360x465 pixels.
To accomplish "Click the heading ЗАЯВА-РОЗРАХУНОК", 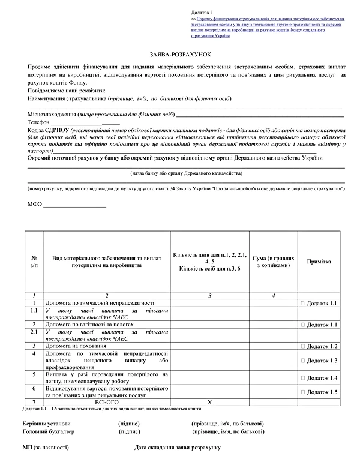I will (x=180, y=54).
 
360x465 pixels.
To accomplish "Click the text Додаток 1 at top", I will (x=202, y=12).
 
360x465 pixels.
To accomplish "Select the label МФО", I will (x=34, y=205).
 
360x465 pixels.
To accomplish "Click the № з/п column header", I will (x=34, y=262).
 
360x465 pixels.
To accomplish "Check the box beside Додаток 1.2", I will (x=303, y=346).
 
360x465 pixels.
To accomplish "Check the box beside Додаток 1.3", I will (x=303, y=360).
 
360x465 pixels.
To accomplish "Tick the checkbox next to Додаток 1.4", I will (x=303, y=378).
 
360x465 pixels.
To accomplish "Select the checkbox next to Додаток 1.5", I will (x=303, y=392).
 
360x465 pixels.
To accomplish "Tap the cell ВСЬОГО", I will (x=106, y=401).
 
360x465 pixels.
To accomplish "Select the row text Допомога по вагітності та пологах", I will (x=90, y=324).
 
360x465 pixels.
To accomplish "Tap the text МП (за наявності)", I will (x=44, y=448).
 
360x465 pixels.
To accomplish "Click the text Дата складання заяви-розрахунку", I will (x=178, y=448).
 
